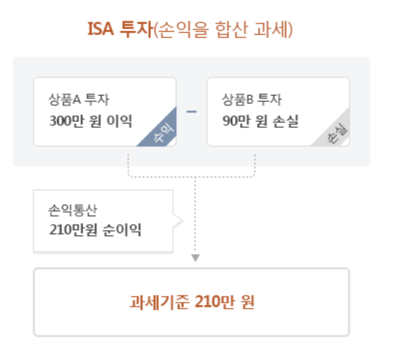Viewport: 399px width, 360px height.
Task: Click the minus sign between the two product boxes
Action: pyautogui.click(x=192, y=111)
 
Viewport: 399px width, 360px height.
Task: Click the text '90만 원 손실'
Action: pyautogui.click(x=261, y=121)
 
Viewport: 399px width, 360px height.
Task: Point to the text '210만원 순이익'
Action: pyautogui.click(x=95, y=230)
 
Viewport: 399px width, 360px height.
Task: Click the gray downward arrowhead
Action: pyautogui.click(x=196, y=258)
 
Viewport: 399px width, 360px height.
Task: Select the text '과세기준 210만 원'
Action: pyautogui.click(x=192, y=302)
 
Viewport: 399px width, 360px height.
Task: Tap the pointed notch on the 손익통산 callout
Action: pyautogui.click(x=178, y=220)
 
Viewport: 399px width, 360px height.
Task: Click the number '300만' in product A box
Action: pyautogui.click(x=64, y=121)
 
